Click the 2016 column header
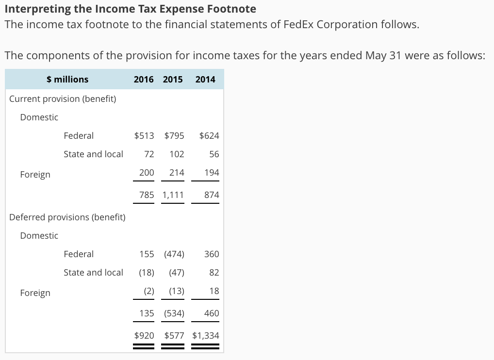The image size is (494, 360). click(144, 79)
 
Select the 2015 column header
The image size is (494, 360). click(173, 79)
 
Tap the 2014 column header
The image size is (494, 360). click(205, 79)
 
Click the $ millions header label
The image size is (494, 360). click(67, 79)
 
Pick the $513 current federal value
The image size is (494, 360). click(144, 136)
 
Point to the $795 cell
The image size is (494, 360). click(174, 136)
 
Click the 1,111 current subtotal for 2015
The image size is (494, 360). click(173, 195)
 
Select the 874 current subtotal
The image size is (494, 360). click(212, 195)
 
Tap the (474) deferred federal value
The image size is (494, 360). click(174, 254)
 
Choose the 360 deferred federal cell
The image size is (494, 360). click(212, 254)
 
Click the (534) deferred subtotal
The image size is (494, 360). click(174, 313)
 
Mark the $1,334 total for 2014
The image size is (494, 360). click(206, 336)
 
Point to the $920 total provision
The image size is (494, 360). click(144, 336)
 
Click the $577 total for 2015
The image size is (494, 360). click(174, 336)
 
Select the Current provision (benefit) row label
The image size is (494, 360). click(63, 99)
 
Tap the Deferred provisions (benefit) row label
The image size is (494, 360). click(67, 217)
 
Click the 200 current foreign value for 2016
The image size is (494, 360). click(147, 173)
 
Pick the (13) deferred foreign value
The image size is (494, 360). click(177, 291)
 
